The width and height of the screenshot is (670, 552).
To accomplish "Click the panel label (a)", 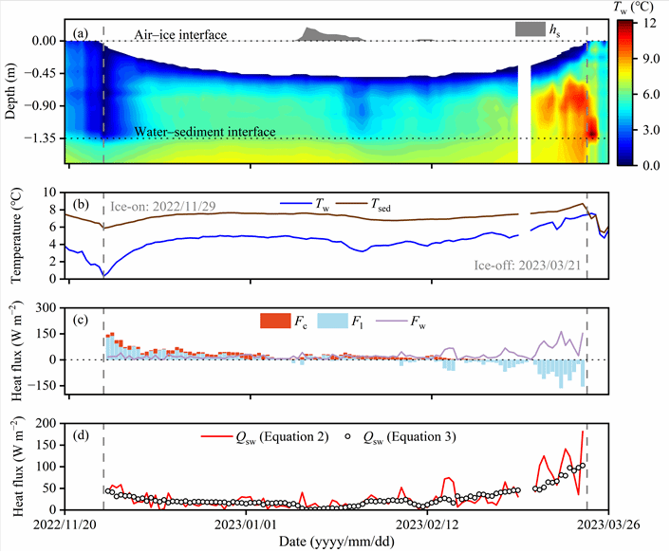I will point(82,34).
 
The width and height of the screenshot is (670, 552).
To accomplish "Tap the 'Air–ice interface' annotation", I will point(180,34).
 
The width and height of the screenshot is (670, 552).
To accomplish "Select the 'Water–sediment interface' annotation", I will point(204,132).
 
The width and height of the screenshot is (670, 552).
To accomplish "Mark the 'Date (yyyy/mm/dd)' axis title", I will point(334,541).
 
